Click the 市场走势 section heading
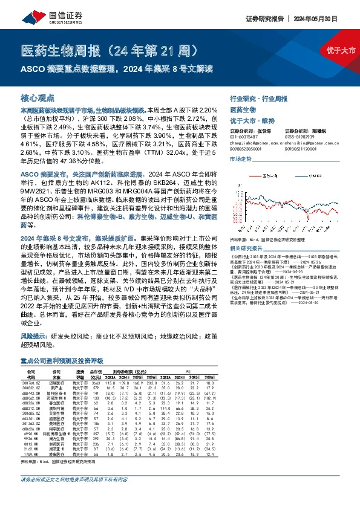point(240,158)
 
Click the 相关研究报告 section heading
point(246,248)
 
